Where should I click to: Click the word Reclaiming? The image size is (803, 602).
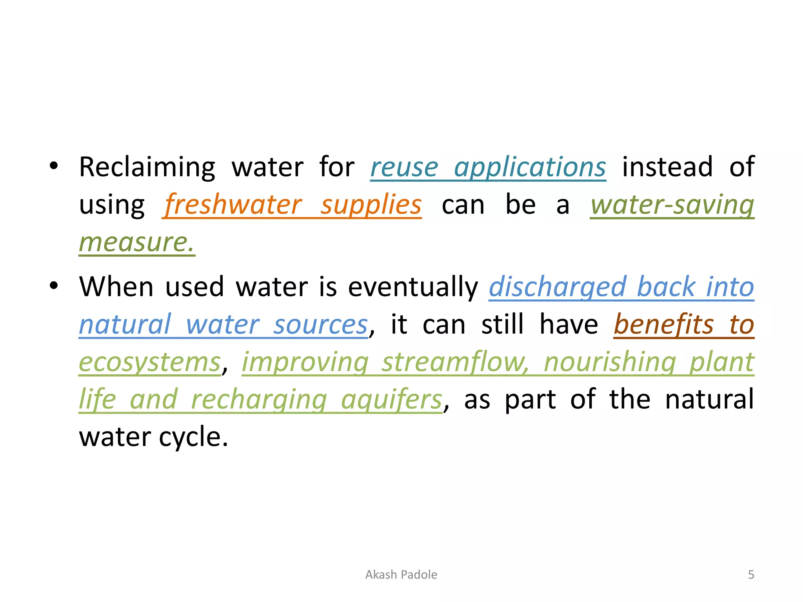coord(147,167)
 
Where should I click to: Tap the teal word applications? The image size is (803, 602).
coord(530,167)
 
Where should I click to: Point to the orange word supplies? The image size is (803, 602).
coord(371,205)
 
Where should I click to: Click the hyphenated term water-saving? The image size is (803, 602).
coord(672,205)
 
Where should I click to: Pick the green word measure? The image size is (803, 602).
coord(136,242)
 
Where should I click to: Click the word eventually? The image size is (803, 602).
coord(413,286)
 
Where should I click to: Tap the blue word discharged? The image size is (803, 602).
coord(557,286)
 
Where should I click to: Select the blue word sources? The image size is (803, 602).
coord(320,325)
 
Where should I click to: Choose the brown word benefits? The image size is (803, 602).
coord(663,325)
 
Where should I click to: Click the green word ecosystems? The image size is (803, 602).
coord(150,362)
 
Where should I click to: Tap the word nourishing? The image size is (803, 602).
coord(610,362)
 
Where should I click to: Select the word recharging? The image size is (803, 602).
coord(259,399)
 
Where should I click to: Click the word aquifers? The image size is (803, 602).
coord(392,399)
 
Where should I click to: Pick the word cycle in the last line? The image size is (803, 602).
coord(193,437)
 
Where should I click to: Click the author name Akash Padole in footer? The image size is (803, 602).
coord(401,575)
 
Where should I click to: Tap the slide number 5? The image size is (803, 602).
coord(751,575)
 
